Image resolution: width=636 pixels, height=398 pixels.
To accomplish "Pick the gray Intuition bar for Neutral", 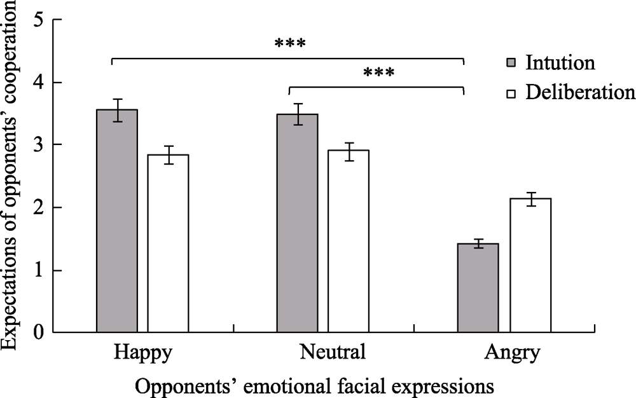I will point(297,223).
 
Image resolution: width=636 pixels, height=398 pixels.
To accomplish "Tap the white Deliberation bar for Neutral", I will point(349,242).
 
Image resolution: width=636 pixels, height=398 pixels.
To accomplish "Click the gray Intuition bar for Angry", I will point(478,288).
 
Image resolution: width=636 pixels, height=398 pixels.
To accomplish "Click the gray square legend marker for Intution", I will point(511,64).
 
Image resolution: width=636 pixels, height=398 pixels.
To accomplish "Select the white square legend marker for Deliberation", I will point(511,93).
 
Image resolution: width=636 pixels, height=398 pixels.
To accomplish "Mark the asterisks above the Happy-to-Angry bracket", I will point(290,45).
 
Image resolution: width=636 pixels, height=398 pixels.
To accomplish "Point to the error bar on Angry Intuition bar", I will point(478,244).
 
